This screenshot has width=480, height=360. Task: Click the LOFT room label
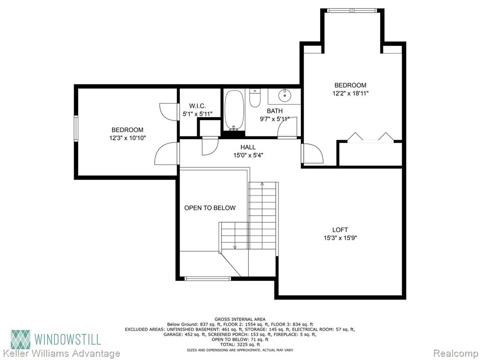tap(340, 230)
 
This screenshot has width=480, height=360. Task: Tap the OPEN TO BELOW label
tap(210, 208)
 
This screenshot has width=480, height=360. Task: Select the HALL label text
tap(248, 147)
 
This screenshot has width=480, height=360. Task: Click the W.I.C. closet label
tap(197, 106)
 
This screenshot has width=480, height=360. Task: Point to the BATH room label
tap(275, 111)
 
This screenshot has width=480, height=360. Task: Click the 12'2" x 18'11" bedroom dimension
tap(350, 93)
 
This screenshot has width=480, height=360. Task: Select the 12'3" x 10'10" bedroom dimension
tap(127, 138)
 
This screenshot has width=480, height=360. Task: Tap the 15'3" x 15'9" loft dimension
tap(340, 238)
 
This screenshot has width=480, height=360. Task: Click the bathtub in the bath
tap(234, 110)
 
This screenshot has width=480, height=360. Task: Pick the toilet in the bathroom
tap(255, 97)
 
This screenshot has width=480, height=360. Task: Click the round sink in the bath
tap(285, 95)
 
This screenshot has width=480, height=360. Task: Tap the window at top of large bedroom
tap(352, 10)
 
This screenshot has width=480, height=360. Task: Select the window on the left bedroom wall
tap(76, 128)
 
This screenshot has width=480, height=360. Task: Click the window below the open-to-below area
tap(208, 278)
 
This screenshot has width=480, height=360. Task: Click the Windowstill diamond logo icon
tap(21, 339)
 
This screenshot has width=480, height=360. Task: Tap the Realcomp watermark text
tap(455, 353)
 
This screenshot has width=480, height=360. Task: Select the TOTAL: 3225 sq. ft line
tap(240, 345)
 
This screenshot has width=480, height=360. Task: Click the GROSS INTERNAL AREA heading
tap(240, 319)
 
